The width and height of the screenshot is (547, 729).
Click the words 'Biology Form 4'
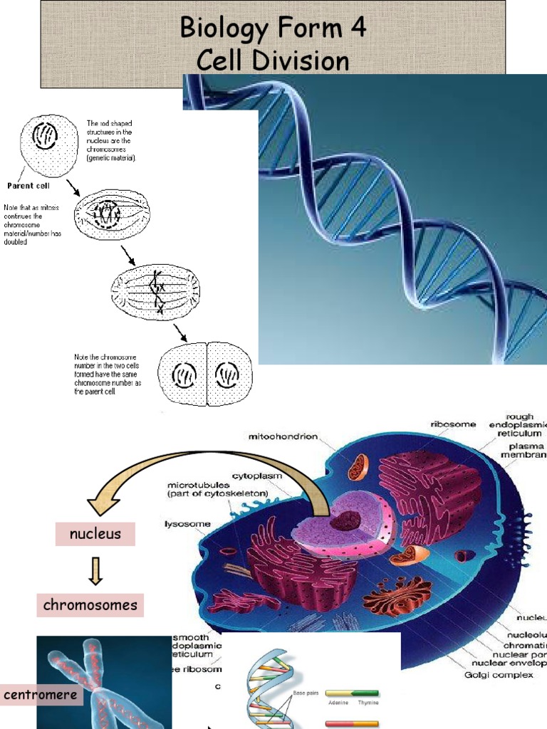[273, 28]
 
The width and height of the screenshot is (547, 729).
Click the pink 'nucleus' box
[95, 533]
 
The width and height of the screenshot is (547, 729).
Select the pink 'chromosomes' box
[90, 605]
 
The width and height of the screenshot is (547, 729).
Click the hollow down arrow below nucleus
[95, 570]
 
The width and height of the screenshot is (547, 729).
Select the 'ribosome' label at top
[452, 424]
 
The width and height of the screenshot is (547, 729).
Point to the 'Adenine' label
[337, 702]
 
